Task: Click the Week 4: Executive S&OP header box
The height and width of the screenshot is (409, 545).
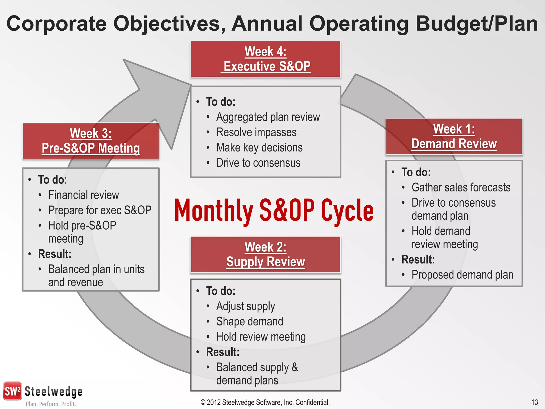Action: coord(265,59)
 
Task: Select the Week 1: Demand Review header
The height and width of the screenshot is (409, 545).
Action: coord(454,137)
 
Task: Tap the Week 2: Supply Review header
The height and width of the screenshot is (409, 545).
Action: coord(265,255)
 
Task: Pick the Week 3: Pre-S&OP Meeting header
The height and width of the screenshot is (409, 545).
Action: coord(91,141)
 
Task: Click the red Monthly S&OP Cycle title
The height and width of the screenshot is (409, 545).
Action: coord(274,211)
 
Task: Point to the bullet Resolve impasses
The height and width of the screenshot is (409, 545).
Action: coord(256,132)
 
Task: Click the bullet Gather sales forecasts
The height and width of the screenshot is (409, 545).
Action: coord(461,187)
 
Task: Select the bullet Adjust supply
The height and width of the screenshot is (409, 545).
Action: coord(245,306)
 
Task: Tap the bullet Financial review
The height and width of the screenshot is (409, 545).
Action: coord(83,195)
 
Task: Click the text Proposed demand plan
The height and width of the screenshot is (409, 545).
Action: coord(462,275)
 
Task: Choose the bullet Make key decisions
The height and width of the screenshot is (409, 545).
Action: coord(259,148)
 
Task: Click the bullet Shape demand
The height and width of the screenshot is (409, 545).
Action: coord(249,321)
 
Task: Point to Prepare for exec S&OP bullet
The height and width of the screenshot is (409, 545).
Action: coord(100,210)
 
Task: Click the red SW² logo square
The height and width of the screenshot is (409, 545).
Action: coord(12,391)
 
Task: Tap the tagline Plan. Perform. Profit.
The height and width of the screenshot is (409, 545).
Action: coord(51,404)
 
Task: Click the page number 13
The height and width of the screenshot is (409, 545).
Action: coord(534,402)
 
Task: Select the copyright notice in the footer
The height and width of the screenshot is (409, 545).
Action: coord(265,402)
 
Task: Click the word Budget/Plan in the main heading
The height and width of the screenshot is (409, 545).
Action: coord(477,24)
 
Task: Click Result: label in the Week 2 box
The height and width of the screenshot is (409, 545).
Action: coord(223,352)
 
